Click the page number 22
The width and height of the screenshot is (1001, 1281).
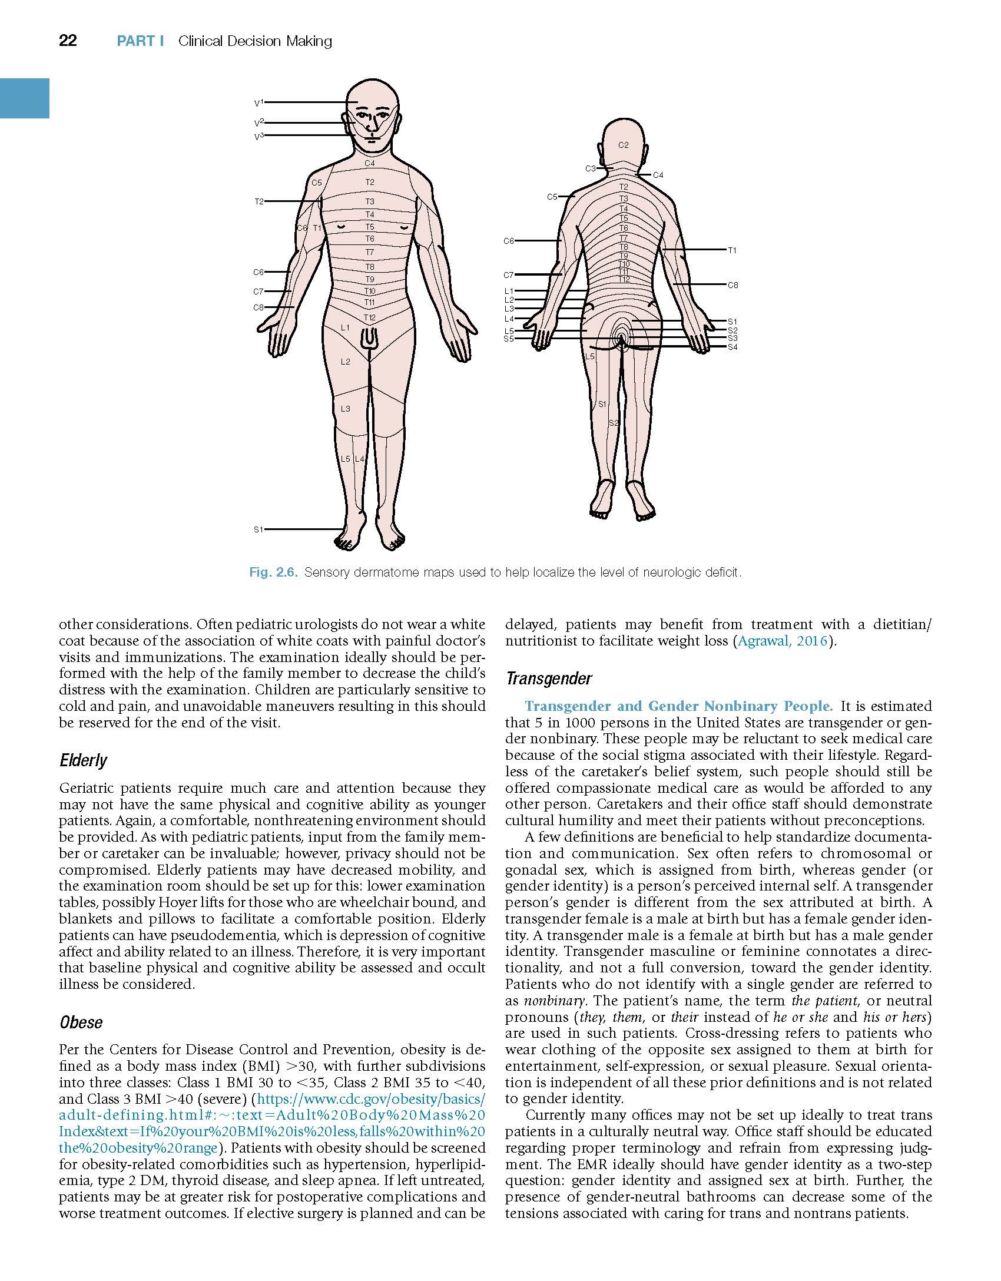tap(68, 41)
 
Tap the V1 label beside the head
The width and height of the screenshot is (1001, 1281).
tap(258, 103)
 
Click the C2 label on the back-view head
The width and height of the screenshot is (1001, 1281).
tap(624, 145)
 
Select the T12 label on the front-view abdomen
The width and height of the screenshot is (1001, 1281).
tap(369, 318)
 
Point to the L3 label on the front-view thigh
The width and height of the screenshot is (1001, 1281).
tap(346, 409)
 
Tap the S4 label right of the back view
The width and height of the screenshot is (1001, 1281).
tap(732, 347)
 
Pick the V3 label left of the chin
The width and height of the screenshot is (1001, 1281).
tap(258, 137)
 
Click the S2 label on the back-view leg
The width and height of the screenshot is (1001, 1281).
tap(613, 423)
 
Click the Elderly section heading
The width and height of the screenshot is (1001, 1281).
tap(83, 761)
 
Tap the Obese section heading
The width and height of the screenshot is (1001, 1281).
tap(81, 1022)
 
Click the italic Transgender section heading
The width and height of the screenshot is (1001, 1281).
tap(549, 679)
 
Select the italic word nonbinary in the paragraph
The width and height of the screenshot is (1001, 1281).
tap(546, 1001)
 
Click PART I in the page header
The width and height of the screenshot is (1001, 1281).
tap(140, 41)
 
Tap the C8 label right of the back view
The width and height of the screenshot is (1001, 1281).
tap(732, 285)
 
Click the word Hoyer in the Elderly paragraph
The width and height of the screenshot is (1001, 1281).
tap(157, 902)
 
